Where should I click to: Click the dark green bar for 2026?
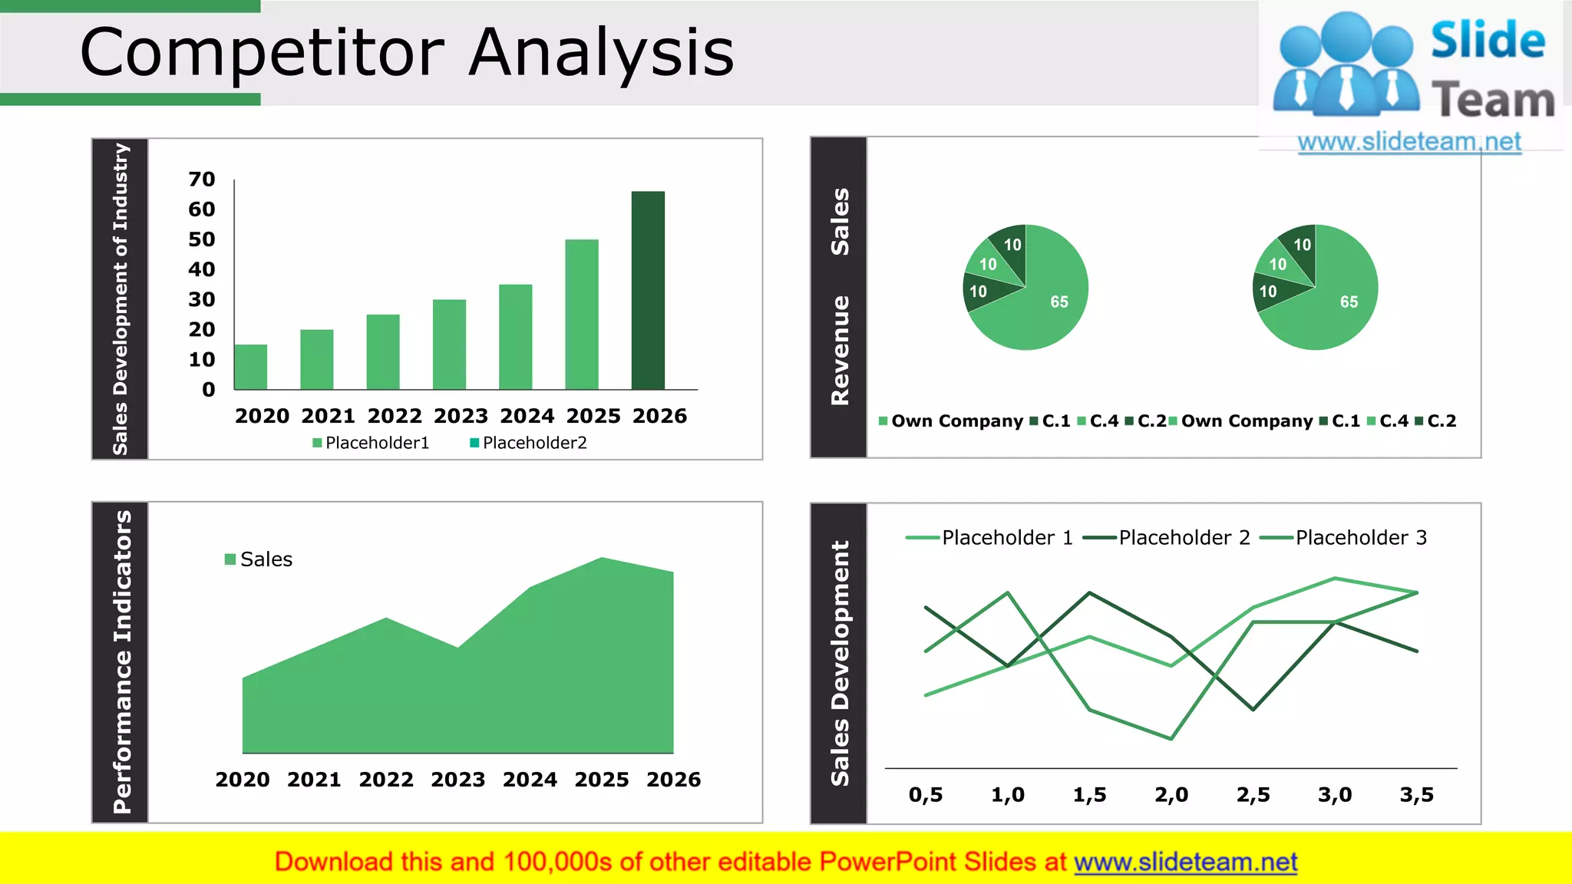648,292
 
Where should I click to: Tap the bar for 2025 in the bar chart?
582,315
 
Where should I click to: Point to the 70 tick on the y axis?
202,180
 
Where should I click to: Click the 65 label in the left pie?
1059,302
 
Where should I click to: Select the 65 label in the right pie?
1349,302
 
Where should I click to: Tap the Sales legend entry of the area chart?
259,559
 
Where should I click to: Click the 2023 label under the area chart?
458,780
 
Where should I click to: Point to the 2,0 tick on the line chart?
1171,795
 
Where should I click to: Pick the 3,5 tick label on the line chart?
1416,795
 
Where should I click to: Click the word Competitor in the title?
263,54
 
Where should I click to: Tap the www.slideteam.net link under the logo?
1409,142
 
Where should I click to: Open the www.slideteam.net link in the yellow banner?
1185,863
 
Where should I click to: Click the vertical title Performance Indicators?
122,661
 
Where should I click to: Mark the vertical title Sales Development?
840,663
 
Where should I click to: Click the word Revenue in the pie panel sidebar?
840,350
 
